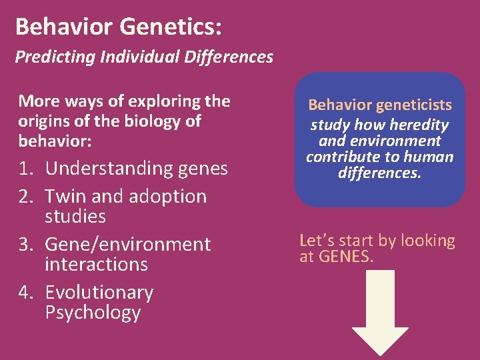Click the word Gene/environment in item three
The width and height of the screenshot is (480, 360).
click(127, 245)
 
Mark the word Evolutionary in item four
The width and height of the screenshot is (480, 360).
click(99, 293)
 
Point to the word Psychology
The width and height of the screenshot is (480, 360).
click(93, 313)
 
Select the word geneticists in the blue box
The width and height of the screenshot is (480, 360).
click(413, 105)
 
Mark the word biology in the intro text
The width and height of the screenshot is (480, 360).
click(143, 121)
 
